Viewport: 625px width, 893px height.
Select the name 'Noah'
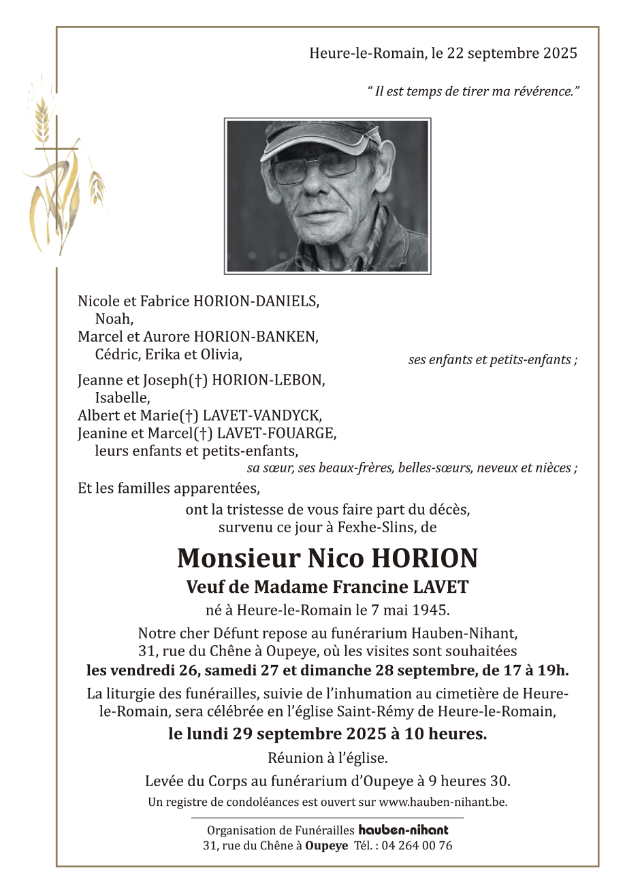114,319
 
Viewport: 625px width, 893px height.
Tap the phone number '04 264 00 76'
417,846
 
